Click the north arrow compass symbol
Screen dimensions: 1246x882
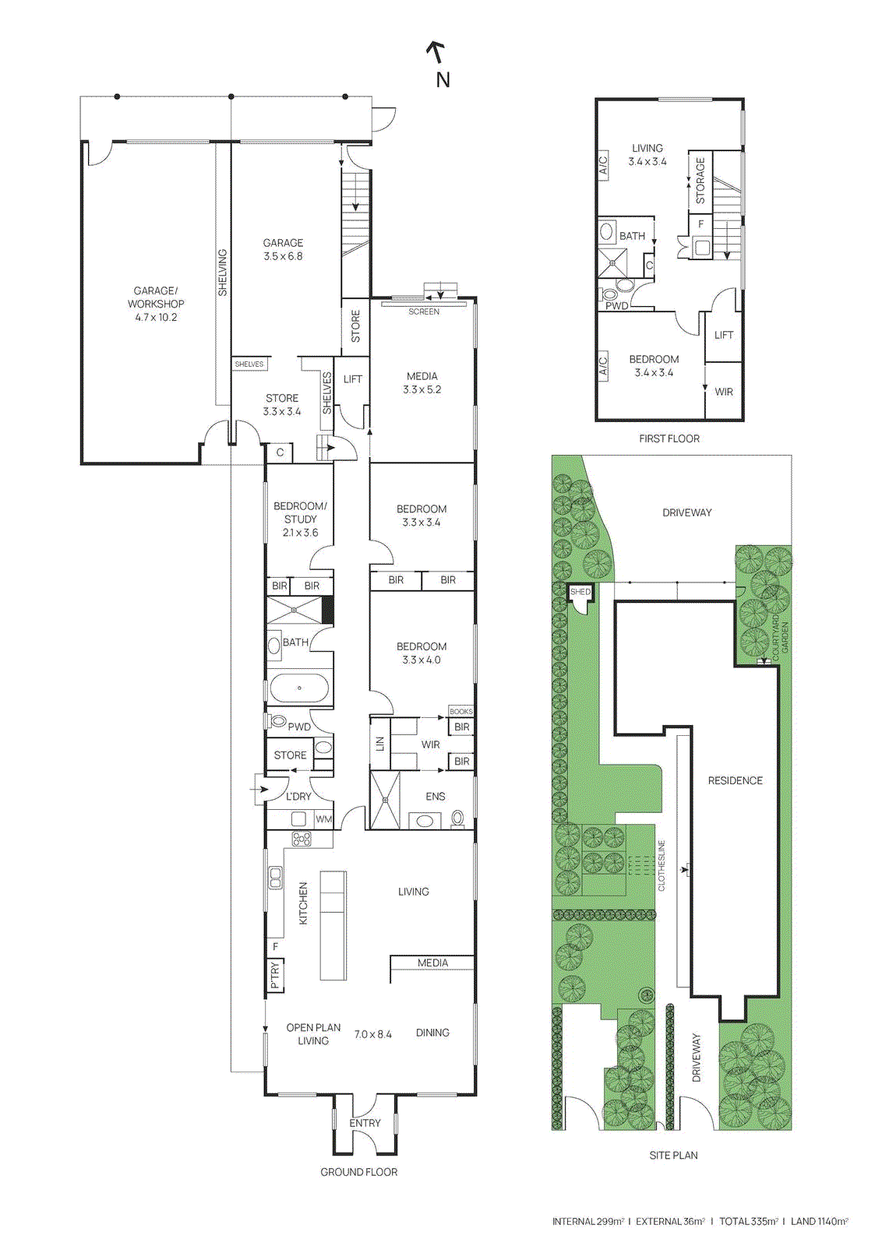[x=436, y=53]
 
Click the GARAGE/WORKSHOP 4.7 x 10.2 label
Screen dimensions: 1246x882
[x=156, y=304]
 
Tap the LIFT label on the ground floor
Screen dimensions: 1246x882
[x=353, y=379]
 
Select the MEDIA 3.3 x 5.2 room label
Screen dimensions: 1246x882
[x=422, y=382]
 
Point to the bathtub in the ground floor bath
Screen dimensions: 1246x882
[x=299, y=688]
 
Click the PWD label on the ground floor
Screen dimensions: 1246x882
[x=299, y=727]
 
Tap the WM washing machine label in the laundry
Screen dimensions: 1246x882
[x=323, y=819]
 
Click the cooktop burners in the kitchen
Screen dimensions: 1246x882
[x=302, y=839]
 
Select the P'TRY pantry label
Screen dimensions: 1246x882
[x=275, y=975]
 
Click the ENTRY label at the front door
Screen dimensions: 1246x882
[x=365, y=1123]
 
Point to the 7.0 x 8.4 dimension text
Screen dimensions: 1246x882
[x=372, y=1034]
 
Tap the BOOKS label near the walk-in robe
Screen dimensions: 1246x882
[x=460, y=712]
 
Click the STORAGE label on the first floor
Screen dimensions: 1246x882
[x=700, y=181]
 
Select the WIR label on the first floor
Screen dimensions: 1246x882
[x=724, y=392]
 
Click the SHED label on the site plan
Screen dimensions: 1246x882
[x=580, y=592]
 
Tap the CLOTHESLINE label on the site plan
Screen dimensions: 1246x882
[x=661, y=865]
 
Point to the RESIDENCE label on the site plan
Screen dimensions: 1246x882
[x=735, y=780]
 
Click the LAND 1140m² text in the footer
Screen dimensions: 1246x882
[x=819, y=1221]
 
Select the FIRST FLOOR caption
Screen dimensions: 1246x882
[x=669, y=438]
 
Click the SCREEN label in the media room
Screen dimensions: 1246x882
[x=424, y=311]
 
